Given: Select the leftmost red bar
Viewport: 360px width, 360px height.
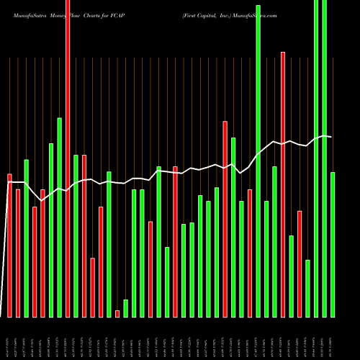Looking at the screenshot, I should click(10, 245).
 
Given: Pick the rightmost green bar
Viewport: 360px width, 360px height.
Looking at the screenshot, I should click(333, 245).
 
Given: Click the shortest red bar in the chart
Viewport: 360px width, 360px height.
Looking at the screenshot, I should click(117, 313).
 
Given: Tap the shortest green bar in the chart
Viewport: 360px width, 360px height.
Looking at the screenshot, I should click(125, 308).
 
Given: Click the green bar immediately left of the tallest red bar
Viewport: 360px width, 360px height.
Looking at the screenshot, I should click(60, 216).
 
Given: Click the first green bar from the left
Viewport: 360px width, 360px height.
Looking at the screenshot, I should click(27, 238).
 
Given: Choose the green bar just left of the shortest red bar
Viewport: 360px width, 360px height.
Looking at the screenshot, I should click(109, 244).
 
